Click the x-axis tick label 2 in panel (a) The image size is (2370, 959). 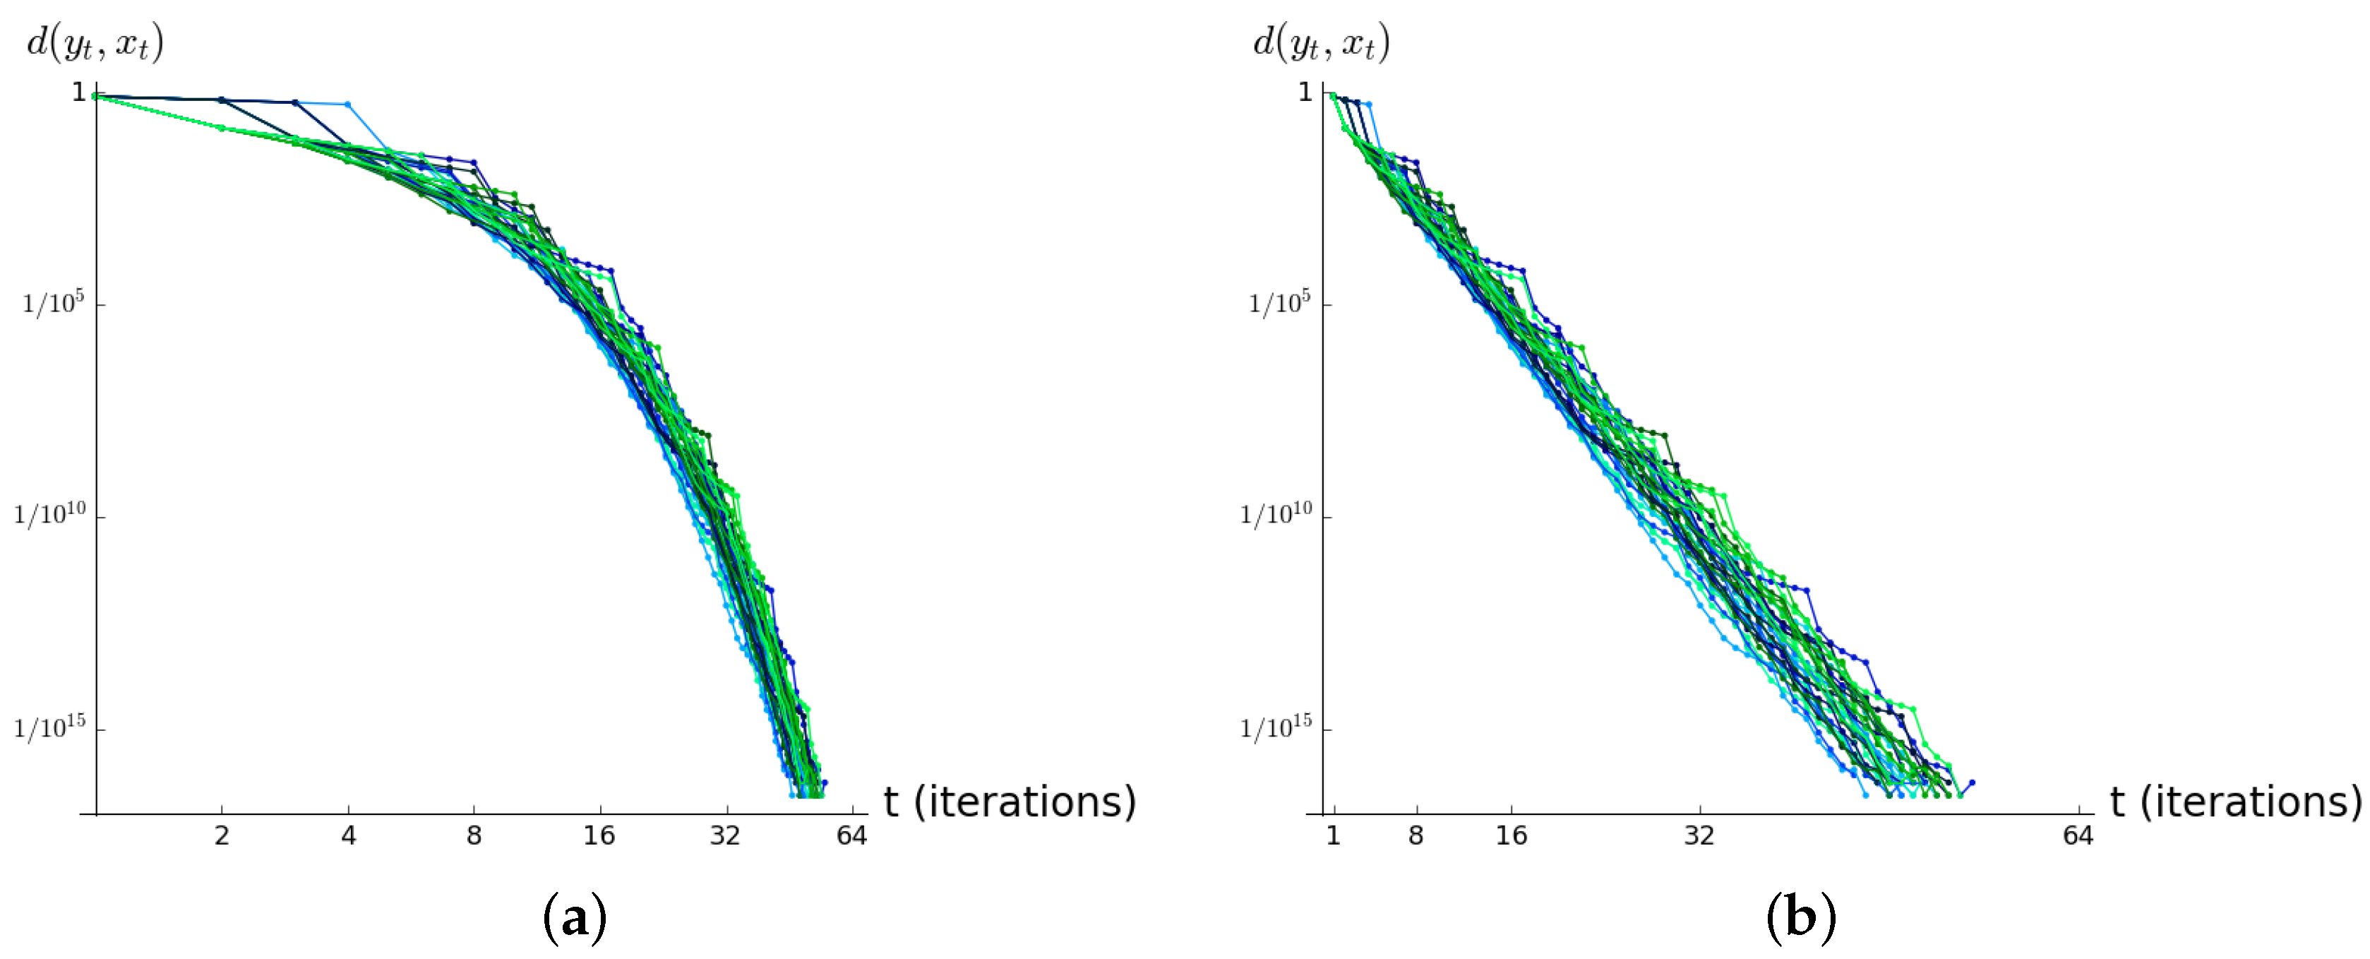(222, 835)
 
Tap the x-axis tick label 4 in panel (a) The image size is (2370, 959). (348, 835)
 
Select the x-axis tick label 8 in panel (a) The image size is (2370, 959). (474, 835)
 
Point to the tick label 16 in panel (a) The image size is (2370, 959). (599, 835)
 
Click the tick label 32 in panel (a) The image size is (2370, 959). (725, 835)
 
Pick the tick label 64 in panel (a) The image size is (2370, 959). (851, 835)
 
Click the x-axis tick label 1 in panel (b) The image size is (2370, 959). (1333, 835)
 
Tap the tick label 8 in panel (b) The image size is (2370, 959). (1416, 835)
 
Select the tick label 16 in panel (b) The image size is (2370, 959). (1511, 835)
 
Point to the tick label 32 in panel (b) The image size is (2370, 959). (1699, 835)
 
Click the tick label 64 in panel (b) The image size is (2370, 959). (2078, 835)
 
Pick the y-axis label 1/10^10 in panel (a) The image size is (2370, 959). (49, 513)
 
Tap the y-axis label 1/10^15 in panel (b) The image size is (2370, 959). (1276, 727)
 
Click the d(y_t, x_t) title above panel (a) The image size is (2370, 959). (95, 43)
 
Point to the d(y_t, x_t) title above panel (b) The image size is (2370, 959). (1321, 43)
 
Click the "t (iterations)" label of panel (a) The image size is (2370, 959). (1010, 802)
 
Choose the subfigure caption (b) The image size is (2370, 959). (1800, 917)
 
